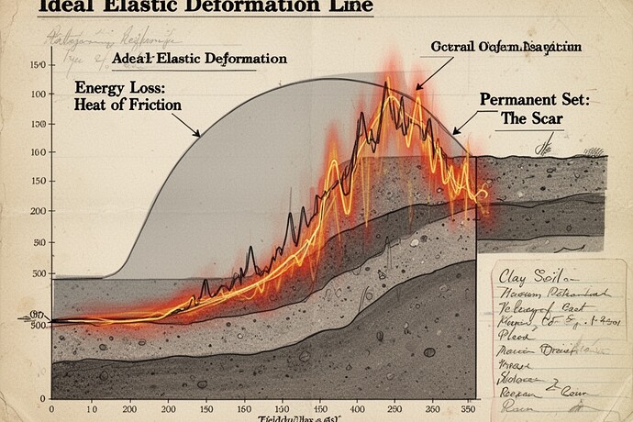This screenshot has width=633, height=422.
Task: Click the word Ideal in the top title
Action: (58, 7)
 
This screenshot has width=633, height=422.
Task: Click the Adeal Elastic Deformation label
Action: (198, 59)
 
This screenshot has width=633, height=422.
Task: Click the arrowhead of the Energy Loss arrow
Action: (197, 134)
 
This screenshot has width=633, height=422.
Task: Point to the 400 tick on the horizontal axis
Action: (356, 408)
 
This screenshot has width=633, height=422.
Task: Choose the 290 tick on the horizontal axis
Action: (395, 408)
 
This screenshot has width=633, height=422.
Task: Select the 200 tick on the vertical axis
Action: (39, 210)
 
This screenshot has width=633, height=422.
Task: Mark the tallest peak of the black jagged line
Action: (387, 81)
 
